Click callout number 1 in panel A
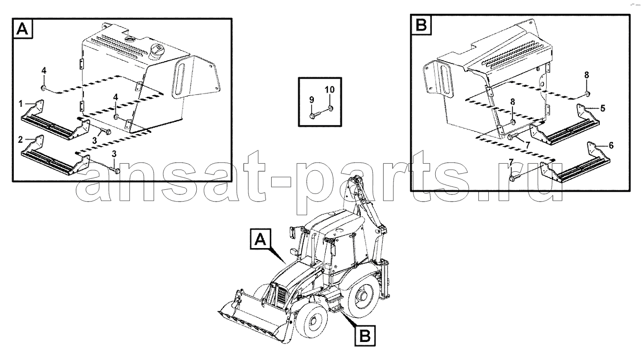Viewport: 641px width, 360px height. pyautogui.click(x=20, y=104)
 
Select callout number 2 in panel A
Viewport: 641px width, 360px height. pyautogui.click(x=20, y=139)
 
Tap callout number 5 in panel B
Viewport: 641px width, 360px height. pyautogui.click(x=603, y=108)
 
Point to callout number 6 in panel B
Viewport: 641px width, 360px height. pyautogui.click(x=611, y=146)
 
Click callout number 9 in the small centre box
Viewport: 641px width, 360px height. pyautogui.click(x=311, y=100)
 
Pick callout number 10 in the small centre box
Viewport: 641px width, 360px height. pyautogui.click(x=330, y=90)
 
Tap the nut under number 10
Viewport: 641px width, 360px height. pyautogui.click(x=331, y=108)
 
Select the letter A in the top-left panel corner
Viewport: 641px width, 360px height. pyautogui.click(x=23, y=28)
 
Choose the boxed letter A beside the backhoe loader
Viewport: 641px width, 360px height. pyautogui.click(x=260, y=239)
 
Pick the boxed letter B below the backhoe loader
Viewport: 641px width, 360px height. pyautogui.click(x=365, y=335)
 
